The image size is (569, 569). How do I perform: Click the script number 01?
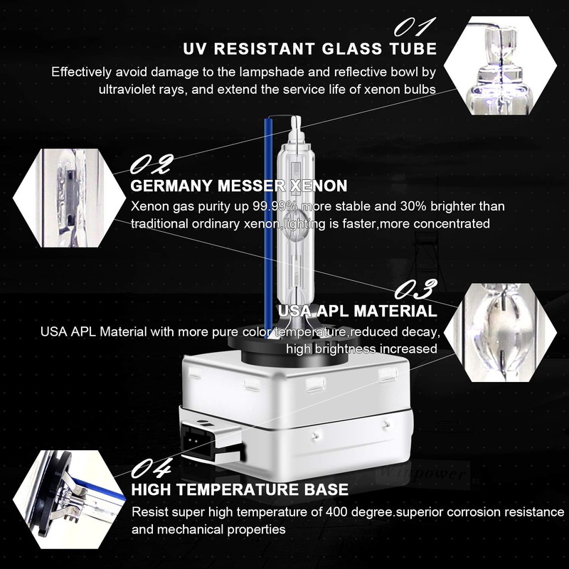click(x=415, y=27)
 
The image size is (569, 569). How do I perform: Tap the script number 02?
click(x=151, y=164)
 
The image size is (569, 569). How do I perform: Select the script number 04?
click(x=151, y=467)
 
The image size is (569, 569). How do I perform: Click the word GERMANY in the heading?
click(x=171, y=186)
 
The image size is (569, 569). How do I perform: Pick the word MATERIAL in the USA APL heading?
click(x=395, y=311)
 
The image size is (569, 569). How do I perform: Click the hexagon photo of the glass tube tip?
click(x=500, y=65)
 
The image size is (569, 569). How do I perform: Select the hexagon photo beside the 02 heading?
click(x=69, y=198)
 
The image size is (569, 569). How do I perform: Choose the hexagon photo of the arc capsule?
click(x=500, y=332)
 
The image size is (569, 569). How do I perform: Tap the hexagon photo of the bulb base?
click(x=69, y=500)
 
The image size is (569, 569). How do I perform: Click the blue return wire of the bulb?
click(x=268, y=228)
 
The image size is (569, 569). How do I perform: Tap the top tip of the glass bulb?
click(x=296, y=117)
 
